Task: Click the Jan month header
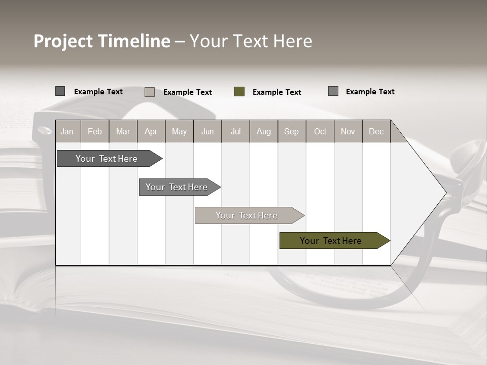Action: [67, 131]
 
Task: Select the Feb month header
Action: [95, 131]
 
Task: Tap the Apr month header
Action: [151, 131]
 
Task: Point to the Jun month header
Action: [207, 131]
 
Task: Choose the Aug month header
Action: [264, 131]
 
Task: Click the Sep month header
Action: [292, 131]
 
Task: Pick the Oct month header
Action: [320, 131]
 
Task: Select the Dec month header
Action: [376, 131]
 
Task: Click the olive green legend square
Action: [239, 92]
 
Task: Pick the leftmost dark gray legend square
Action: [60, 91]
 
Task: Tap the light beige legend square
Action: [150, 92]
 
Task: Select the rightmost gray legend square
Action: [333, 91]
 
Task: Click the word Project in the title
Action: [63, 42]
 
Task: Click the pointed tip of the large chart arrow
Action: [444, 193]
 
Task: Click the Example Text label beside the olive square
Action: [277, 92]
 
